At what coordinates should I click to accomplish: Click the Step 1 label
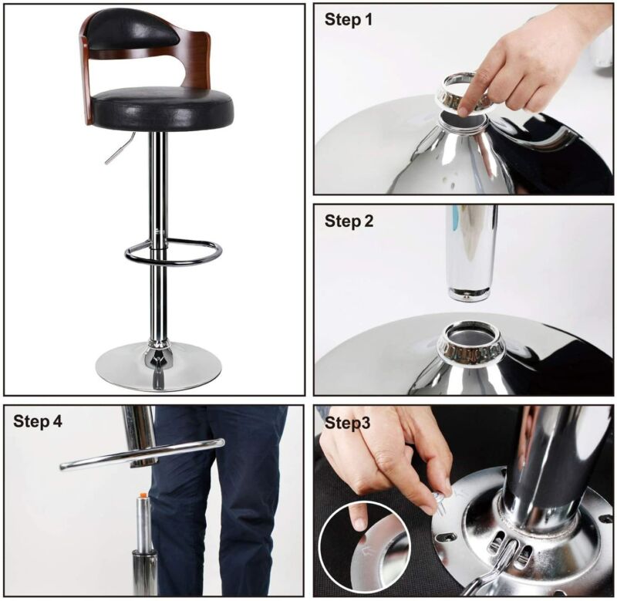tap(348, 19)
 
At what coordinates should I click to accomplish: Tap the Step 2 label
tap(349, 221)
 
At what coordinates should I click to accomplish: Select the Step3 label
tap(348, 423)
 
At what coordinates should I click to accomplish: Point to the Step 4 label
tap(38, 421)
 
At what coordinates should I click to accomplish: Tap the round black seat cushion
tap(164, 107)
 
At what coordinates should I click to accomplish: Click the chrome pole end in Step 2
tap(470, 295)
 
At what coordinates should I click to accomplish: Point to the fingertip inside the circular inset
tap(358, 522)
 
